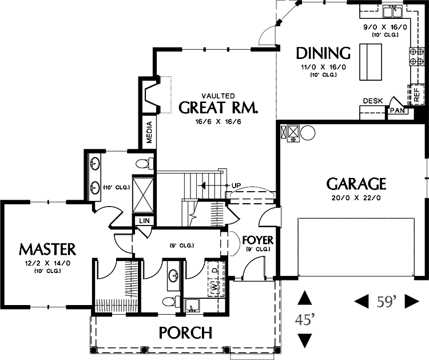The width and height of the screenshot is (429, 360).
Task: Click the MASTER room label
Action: pos(47,250)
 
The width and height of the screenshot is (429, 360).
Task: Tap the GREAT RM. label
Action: pos(219,108)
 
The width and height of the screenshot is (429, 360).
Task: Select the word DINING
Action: pos(323,53)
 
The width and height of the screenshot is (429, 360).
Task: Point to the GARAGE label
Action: pos(356,184)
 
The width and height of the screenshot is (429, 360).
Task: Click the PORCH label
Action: pos(185,333)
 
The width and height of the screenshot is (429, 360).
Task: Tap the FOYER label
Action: pos(258,240)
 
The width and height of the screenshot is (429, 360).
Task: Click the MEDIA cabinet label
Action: pos(149,133)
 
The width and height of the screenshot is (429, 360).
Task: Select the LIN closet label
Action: pos(145,221)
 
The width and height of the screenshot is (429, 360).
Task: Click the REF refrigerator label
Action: pos(416,95)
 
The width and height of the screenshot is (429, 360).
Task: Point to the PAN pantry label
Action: pos(398,110)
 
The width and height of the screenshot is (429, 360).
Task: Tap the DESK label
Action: pos(373,101)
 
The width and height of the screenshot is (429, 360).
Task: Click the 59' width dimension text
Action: pos(387,302)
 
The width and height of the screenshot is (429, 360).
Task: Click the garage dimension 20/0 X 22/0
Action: pos(356,197)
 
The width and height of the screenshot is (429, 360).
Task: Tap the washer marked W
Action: pos(215,287)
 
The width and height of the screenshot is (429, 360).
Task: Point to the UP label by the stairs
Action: pos(236,185)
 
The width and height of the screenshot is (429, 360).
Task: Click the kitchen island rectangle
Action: pos(371,62)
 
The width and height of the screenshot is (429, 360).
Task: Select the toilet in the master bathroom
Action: pos(145,164)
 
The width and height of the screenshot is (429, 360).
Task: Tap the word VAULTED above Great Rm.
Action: pos(219,96)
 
